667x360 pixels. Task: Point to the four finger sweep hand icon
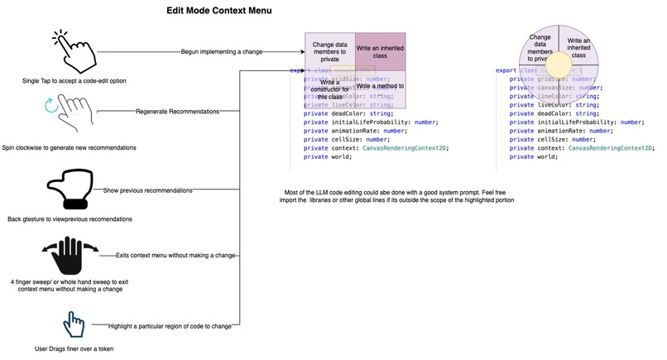[70, 257]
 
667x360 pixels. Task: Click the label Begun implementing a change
[222, 51]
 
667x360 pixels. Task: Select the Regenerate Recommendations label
[177, 111]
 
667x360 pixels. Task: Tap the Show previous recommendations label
[148, 190]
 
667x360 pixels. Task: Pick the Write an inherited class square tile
[381, 51]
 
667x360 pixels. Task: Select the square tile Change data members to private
[330, 51]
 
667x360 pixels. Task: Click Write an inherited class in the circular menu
[580, 46]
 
